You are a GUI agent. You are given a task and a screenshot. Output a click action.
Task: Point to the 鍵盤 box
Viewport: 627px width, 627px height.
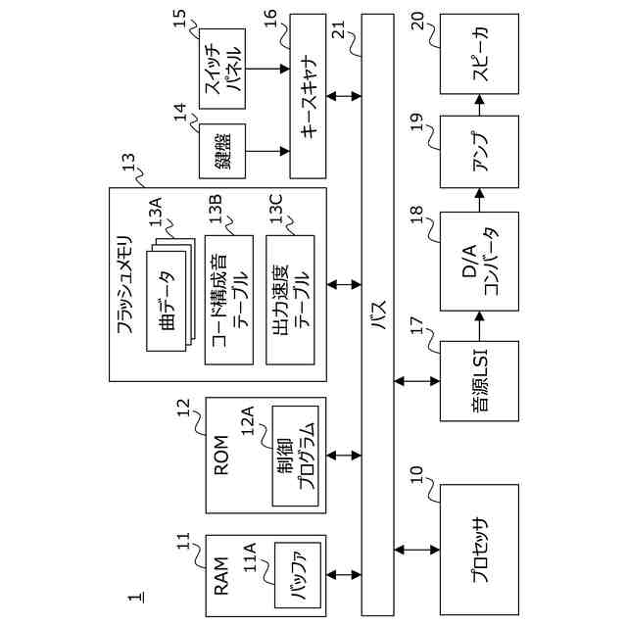221,151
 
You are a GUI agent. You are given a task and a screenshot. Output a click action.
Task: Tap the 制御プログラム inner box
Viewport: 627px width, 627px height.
295,456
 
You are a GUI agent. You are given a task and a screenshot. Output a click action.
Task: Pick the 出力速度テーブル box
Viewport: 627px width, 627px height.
291,299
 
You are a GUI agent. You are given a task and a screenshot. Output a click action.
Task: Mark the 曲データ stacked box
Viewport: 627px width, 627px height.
170,302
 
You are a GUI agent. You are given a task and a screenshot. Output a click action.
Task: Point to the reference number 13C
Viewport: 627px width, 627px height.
274,211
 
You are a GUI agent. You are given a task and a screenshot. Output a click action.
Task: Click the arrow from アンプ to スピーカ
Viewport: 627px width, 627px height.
479,102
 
